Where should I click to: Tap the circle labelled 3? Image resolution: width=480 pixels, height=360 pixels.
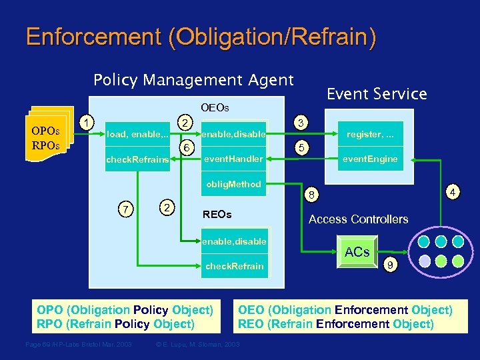[x=301, y=123]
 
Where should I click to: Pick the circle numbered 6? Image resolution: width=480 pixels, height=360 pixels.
[x=189, y=147]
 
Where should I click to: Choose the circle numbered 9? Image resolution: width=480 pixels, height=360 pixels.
[x=392, y=266]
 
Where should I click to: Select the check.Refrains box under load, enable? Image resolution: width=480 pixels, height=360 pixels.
[x=137, y=159]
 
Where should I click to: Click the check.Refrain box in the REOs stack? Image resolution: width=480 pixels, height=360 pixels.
[x=235, y=266]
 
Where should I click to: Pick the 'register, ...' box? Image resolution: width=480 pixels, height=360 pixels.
[x=370, y=135]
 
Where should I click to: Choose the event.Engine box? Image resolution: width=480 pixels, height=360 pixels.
[x=370, y=159]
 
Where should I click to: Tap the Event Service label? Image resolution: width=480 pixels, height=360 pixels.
[x=377, y=94]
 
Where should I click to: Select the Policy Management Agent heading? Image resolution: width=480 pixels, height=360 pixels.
[x=193, y=80]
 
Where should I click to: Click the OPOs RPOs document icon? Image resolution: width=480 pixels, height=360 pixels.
[x=46, y=136]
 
